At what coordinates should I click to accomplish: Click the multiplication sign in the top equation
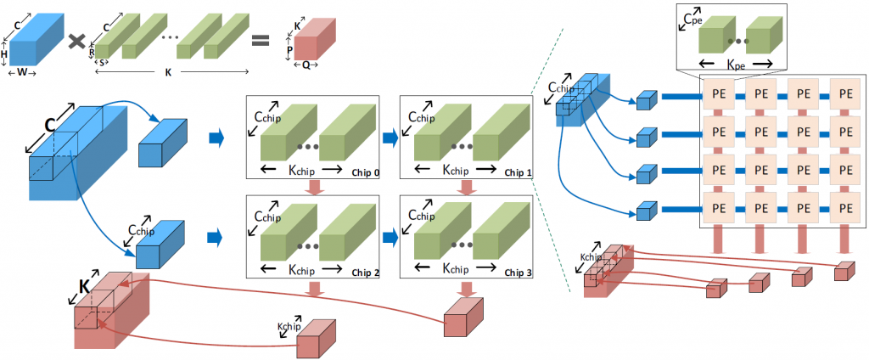click(x=75, y=38)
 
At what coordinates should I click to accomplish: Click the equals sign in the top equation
click(x=261, y=39)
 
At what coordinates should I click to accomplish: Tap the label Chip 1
click(x=518, y=172)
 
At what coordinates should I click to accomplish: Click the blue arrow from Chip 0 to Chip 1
click(x=390, y=138)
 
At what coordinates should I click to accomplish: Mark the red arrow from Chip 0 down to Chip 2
click(x=314, y=187)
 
